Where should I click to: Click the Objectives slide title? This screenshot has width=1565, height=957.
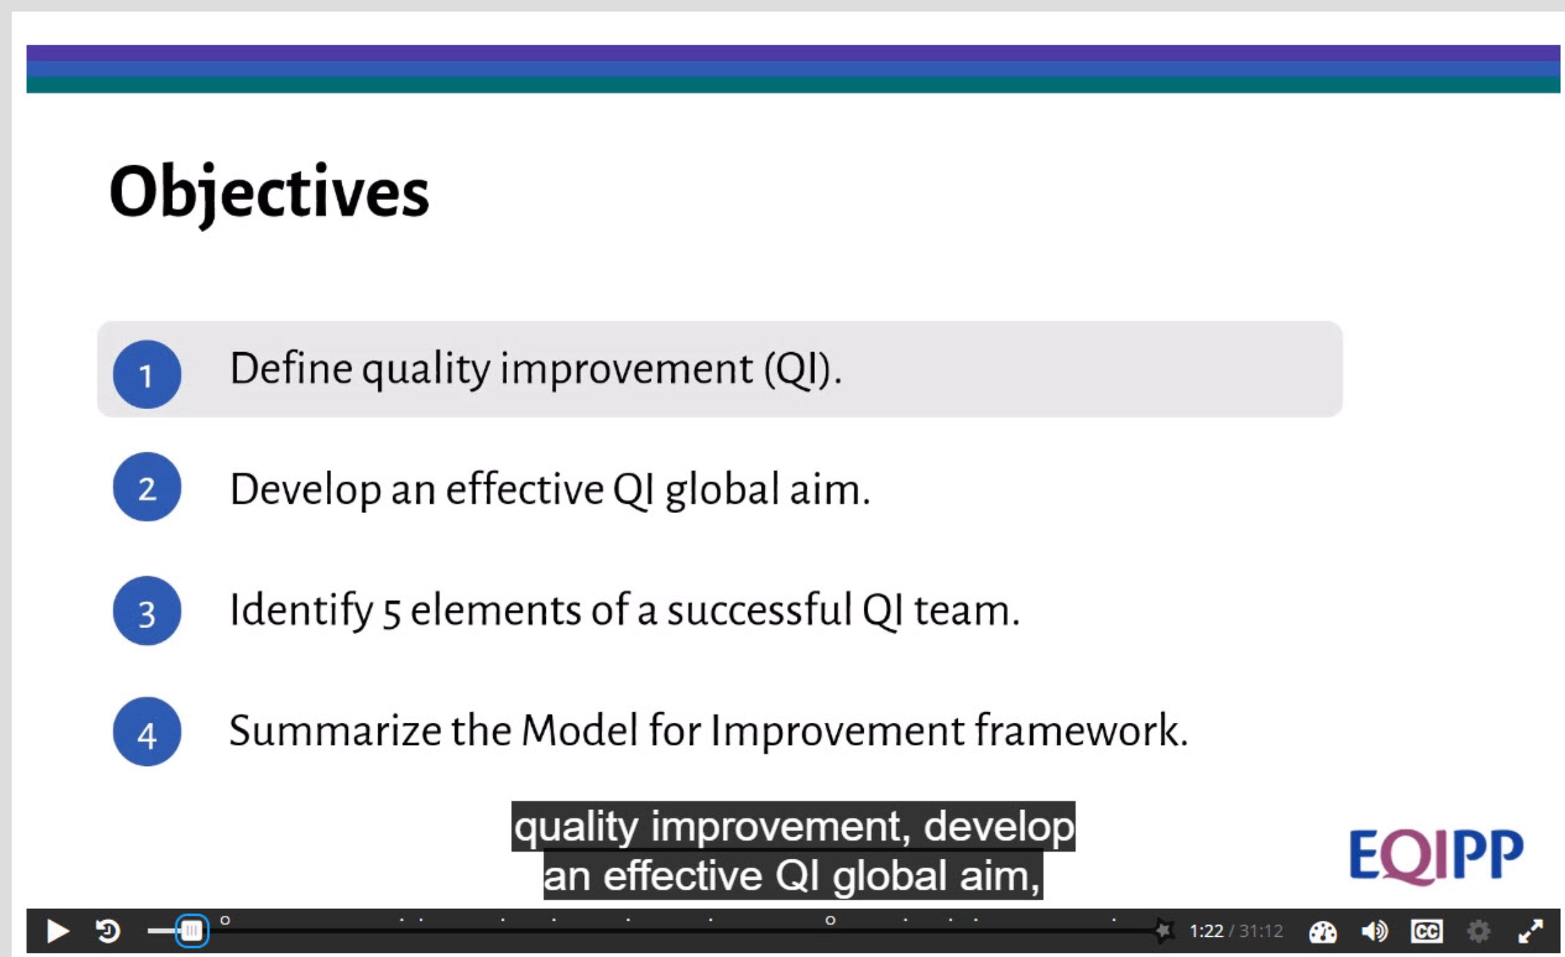tap(269, 193)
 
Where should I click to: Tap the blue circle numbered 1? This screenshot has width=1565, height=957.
tap(147, 374)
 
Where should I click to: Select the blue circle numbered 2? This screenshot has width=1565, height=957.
tap(147, 487)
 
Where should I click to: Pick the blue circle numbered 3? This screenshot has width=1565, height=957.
tap(147, 611)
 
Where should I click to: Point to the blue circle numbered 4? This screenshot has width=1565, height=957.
tap(147, 732)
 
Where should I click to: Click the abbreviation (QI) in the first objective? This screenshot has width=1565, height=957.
tap(803, 369)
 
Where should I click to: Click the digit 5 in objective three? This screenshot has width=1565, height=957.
tap(392, 613)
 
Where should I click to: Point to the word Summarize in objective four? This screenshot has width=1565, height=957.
tap(335, 731)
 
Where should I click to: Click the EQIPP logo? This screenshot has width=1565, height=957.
tap(1436, 856)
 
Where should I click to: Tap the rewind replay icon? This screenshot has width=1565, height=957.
tap(107, 931)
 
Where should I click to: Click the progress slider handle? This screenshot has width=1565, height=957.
tap(192, 931)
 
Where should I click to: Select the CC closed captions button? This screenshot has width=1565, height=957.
tap(1426, 931)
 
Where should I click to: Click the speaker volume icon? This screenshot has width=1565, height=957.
tap(1375, 931)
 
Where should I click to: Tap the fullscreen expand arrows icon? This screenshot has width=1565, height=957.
tap(1530, 931)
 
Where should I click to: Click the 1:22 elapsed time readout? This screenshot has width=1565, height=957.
tap(1206, 931)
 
